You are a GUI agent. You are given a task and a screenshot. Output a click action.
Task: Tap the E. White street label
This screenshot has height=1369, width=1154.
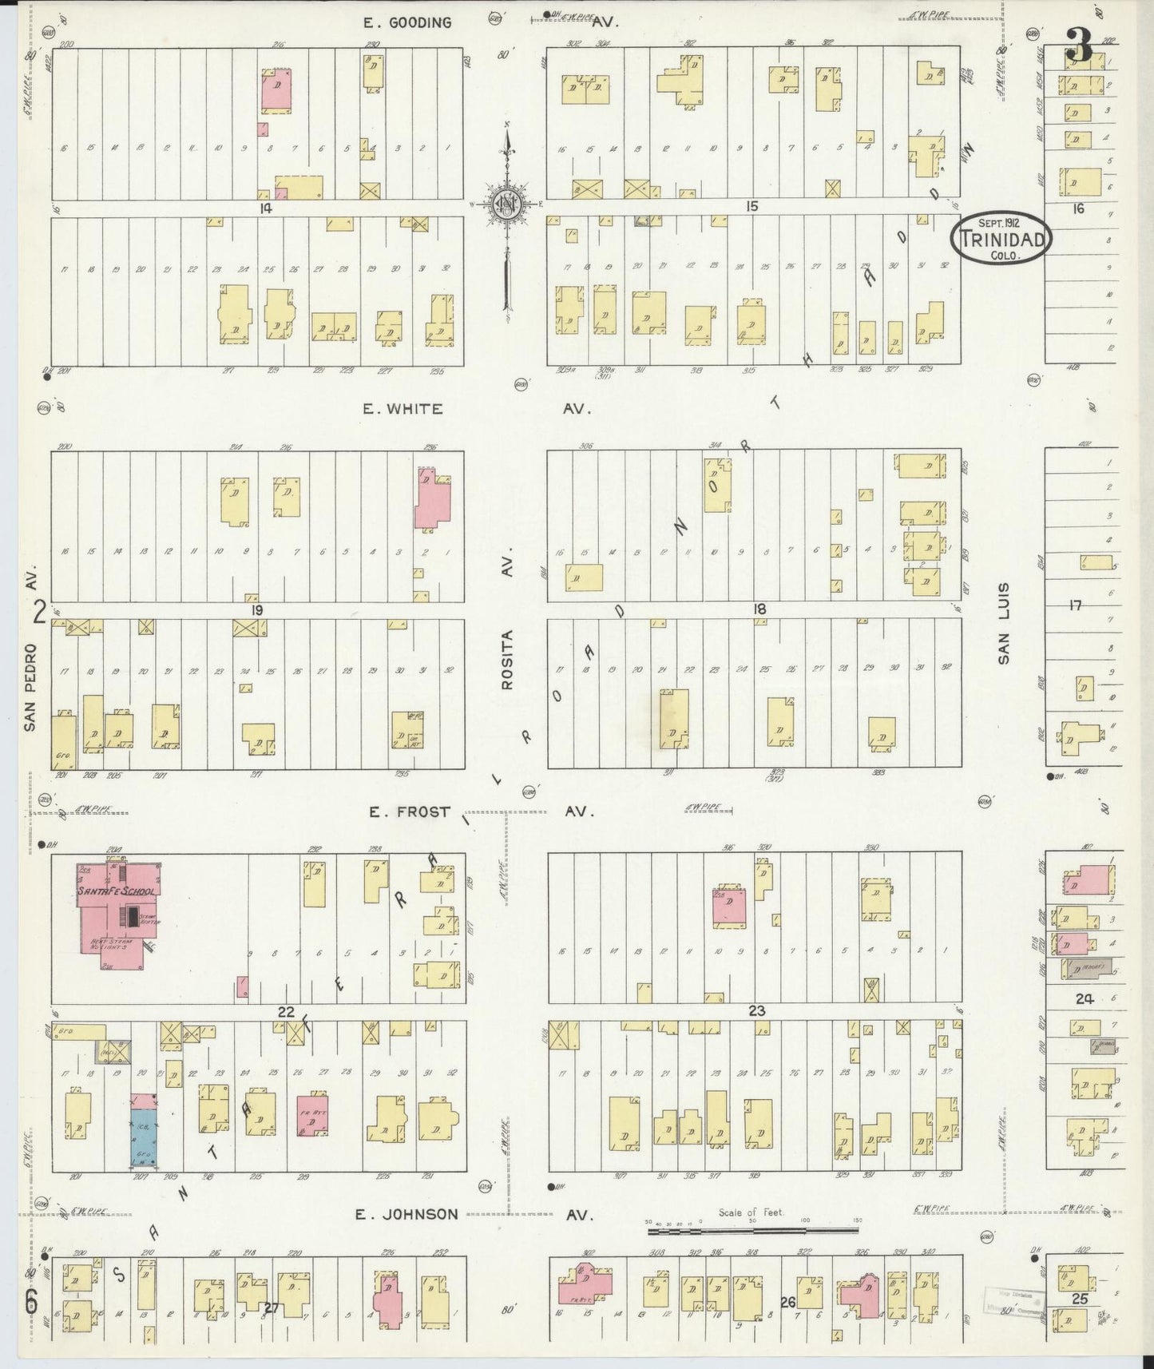pos(403,409)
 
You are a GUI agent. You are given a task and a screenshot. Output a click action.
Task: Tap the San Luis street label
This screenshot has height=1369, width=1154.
pos(1004,623)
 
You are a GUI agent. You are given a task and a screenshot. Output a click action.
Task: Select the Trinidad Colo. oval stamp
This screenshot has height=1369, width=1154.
pos(1001,237)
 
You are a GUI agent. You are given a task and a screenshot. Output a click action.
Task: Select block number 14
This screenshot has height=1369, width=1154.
pos(266,208)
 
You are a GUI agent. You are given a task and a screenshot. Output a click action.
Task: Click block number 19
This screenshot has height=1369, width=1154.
pos(256,610)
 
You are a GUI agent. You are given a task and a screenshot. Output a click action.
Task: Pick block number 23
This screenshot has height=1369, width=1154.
pos(756,1011)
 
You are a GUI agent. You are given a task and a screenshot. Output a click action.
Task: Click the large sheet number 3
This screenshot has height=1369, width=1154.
pos(1079,46)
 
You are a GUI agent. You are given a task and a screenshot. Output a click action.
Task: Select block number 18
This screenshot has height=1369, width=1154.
pos(759,609)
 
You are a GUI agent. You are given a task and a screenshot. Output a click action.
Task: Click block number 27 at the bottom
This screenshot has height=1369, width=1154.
pos(272,1307)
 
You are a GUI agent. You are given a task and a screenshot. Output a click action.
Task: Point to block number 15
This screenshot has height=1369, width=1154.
pos(751,207)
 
